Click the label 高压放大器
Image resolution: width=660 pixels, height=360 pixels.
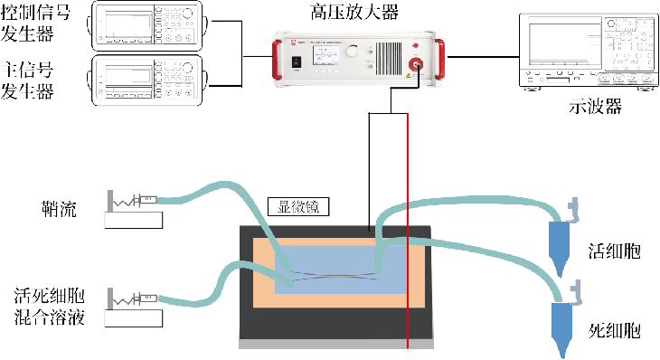[354, 12]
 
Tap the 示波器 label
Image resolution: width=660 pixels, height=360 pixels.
[595, 106]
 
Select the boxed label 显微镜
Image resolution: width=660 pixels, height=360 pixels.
[298, 207]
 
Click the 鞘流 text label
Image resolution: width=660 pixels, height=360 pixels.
[60, 208]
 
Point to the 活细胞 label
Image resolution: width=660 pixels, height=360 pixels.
[614, 251]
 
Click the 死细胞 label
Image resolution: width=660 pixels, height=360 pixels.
[614, 331]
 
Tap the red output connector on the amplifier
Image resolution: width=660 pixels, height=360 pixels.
[416, 64]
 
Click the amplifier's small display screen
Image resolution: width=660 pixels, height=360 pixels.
[325, 55]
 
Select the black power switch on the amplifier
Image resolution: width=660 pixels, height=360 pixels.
[297, 62]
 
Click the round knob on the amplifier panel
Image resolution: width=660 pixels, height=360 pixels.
[352, 52]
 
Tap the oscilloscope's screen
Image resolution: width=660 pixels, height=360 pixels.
[565, 42]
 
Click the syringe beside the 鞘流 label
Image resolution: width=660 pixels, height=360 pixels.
[145, 201]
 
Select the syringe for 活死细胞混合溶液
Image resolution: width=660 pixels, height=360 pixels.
[145, 299]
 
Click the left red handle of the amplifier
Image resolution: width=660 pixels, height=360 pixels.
[277, 60]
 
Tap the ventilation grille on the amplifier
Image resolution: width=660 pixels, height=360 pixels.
[389, 58]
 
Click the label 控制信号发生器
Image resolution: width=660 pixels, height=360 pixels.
[35, 24]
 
